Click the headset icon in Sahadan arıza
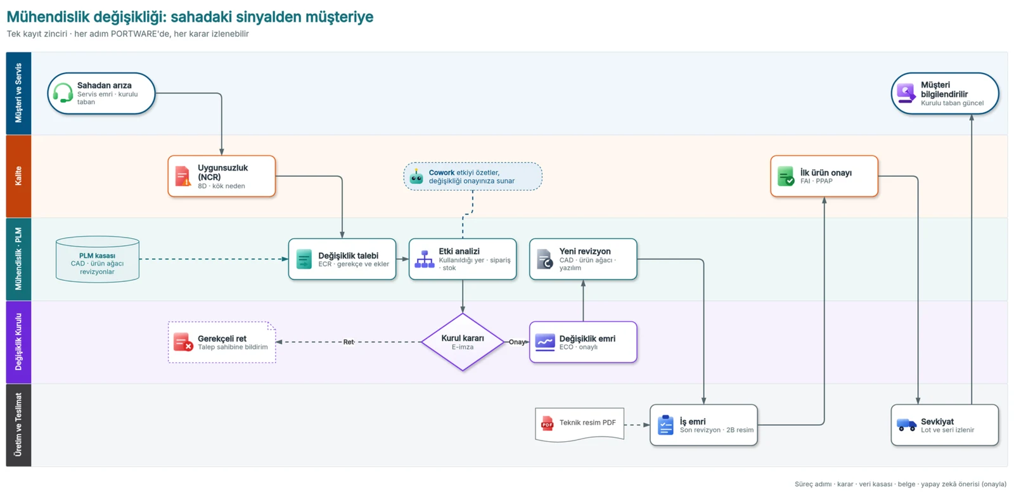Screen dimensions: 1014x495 [x=63, y=93]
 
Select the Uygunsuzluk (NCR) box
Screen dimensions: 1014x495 [x=221, y=176]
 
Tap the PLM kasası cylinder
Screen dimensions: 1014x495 [x=98, y=259]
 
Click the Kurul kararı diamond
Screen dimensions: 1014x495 [x=462, y=342]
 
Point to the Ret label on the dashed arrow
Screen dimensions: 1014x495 [x=348, y=342]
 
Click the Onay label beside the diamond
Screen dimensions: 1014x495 [x=517, y=342]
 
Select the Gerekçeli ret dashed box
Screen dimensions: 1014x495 [x=222, y=342]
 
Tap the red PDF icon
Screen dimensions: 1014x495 [x=548, y=423]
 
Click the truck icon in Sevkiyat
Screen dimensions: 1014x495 [x=907, y=425]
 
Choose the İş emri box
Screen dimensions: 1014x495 [x=703, y=425]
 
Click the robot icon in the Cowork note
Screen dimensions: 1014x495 [x=416, y=177]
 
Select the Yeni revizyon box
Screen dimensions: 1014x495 [x=583, y=259]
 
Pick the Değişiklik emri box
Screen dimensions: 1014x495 [x=583, y=342]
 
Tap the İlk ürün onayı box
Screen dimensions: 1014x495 [x=824, y=176]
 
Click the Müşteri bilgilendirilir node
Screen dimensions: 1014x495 [x=945, y=93]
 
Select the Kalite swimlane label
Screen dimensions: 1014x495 [x=18, y=176]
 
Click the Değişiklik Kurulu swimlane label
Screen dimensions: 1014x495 [x=18, y=342]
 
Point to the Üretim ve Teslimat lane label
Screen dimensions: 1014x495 [x=18, y=425]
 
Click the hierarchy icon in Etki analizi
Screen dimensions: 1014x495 [x=425, y=259]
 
